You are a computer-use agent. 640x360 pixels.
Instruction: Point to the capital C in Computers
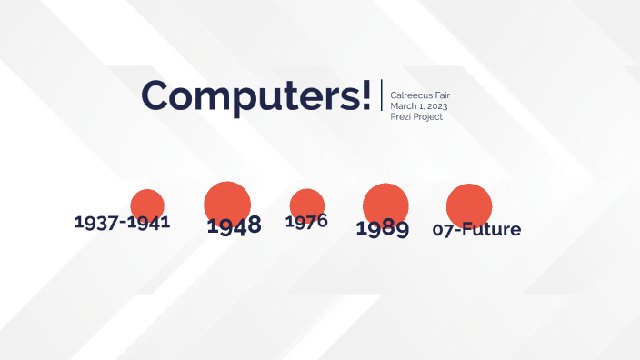[159, 95]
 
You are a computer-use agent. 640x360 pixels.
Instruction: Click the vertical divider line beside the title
[382, 95]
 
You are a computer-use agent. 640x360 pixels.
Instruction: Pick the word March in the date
[404, 106]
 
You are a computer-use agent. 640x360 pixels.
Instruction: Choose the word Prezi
[400, 117]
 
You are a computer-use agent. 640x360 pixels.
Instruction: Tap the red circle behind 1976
[307, 203]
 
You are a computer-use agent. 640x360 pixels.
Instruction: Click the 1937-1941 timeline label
[122, 222]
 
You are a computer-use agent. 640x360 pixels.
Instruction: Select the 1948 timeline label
[234, 225]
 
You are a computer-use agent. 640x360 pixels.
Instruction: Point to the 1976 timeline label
[306, 221]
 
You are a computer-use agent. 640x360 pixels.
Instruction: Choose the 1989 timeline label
[382, 228]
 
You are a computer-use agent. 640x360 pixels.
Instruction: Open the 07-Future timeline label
[476, 229]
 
